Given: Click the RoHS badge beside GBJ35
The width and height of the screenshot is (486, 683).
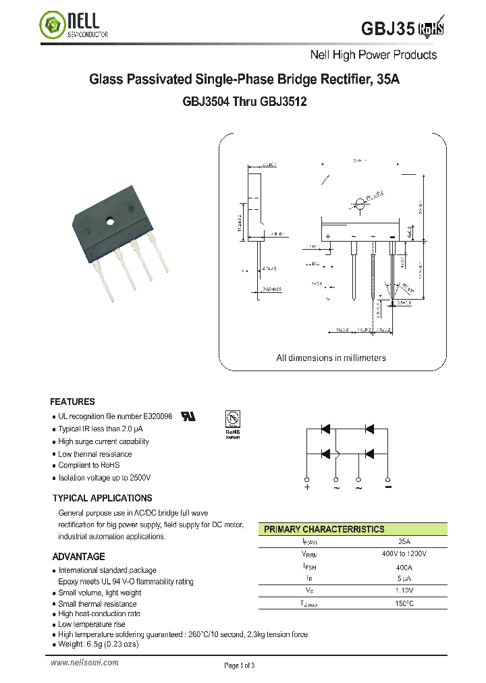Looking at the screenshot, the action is point(433,28).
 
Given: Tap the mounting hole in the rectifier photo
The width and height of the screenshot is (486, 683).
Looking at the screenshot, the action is point(109,221).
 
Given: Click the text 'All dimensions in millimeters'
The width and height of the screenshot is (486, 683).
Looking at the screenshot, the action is point(331,358).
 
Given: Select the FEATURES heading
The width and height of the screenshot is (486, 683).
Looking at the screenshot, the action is point(72,402).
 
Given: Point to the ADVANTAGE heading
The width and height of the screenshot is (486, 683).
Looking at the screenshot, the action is point(78,557).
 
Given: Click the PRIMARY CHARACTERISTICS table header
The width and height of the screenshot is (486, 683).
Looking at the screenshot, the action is point(324,529).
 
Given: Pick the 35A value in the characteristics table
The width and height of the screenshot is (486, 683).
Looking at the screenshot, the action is point(404,541).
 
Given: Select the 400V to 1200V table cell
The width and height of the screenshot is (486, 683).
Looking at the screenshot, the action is point(404,553).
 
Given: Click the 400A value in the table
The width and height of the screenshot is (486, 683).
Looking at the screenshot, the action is point(404,566).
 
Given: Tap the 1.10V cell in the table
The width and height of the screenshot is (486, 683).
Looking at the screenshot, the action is point(404,591).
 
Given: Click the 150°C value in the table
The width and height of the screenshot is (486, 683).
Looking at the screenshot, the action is point(404,603).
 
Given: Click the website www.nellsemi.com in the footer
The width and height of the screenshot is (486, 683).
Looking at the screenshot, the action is point(85,663).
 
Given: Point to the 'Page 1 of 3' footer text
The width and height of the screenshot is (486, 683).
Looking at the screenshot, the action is point(240,665).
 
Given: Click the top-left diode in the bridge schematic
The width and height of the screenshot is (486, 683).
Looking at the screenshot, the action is point(325,429).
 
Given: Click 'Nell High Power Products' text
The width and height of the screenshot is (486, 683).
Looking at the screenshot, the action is point(373,55).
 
